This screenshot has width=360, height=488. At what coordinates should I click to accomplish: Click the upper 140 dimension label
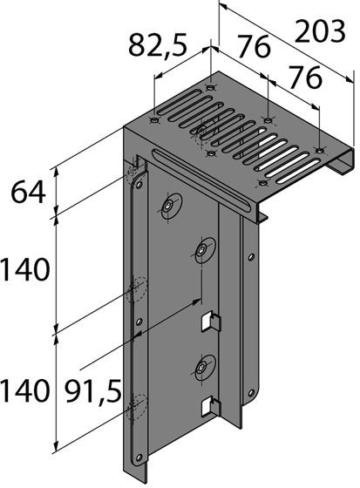pos(24,272)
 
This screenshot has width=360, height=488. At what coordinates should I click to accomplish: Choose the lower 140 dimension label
pos(24,390)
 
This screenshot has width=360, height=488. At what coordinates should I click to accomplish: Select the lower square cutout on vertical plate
pos(208,405)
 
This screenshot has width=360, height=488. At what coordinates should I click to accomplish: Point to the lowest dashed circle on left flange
pos(135,403)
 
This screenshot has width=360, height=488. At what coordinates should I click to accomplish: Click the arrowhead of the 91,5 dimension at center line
pos(200,301)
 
